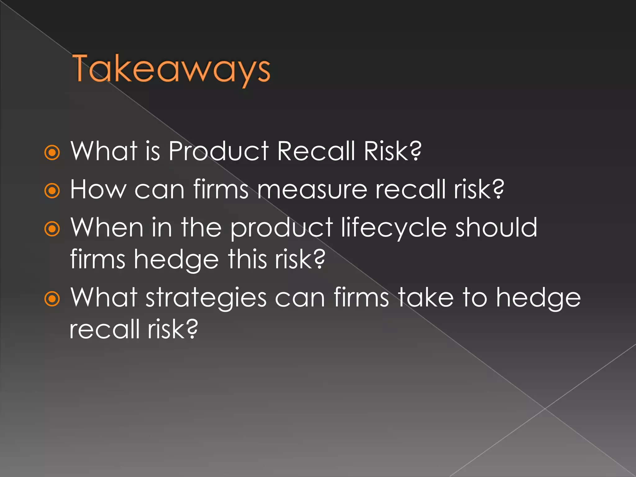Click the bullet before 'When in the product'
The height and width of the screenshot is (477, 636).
pos(52,229)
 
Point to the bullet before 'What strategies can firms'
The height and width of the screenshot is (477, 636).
pos(52,299)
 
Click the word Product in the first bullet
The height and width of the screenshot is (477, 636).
pos(219,151)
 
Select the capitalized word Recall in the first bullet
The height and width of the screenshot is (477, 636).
pos(316,151)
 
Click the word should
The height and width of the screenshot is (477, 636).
pos(496,228)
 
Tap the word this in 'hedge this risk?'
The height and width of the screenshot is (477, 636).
pos(247,260)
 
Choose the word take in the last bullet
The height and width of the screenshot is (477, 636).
pos(426,298)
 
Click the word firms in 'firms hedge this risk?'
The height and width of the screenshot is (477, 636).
pos(98,260)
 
